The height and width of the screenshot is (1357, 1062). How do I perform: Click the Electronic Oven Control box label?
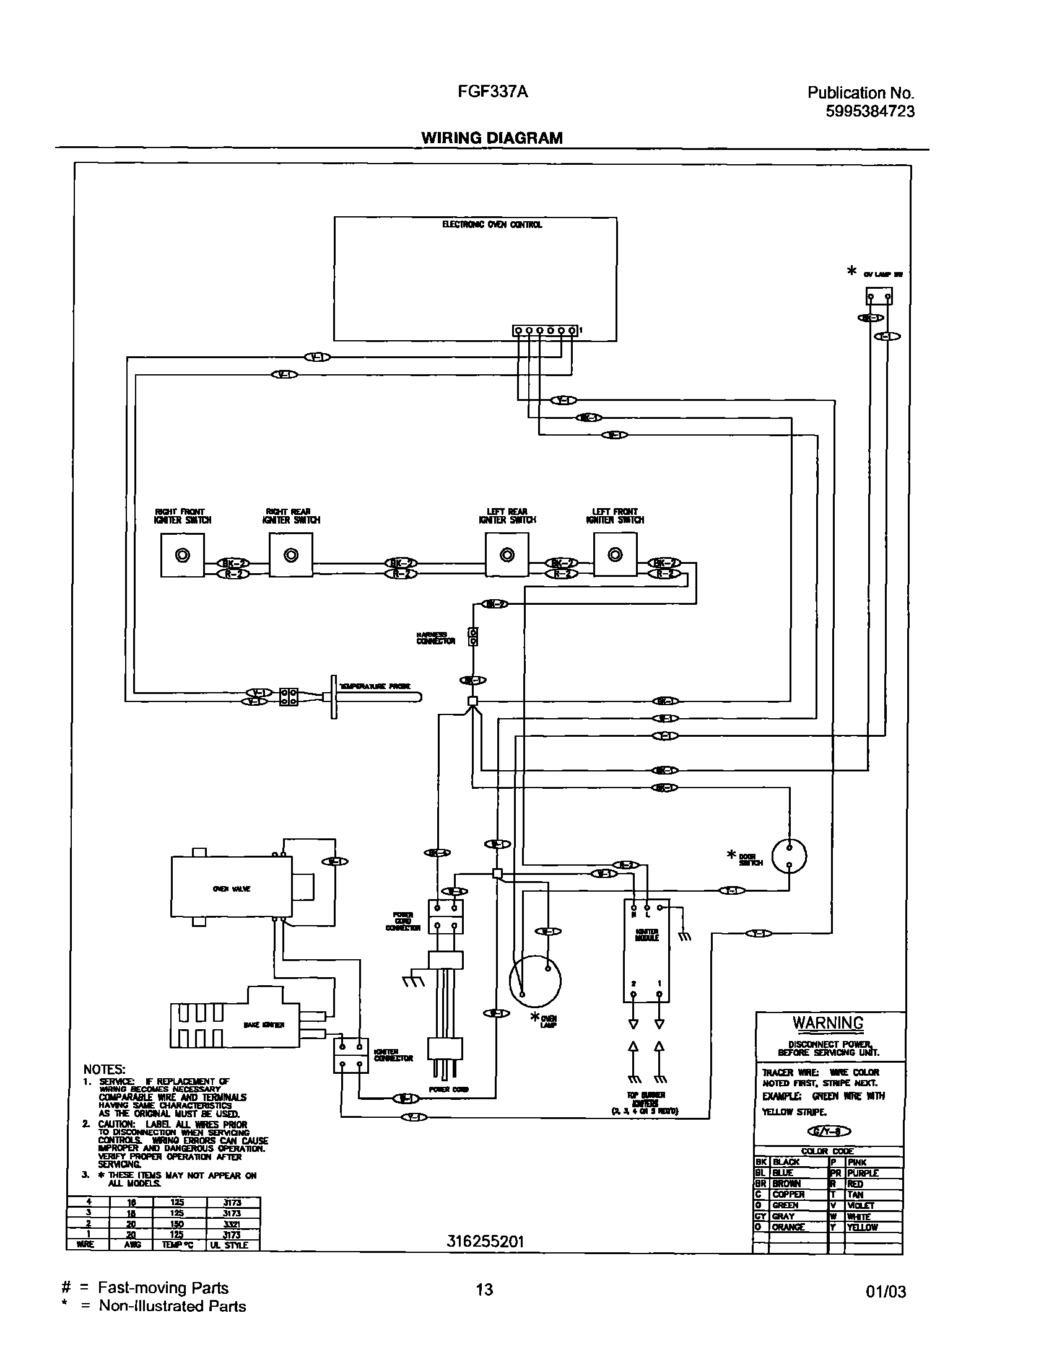point(492,224)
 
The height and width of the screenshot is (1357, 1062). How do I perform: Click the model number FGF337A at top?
point(492,92)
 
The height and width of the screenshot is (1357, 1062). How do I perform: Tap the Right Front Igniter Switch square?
point(182,555)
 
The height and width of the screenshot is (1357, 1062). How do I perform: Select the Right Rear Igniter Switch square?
point(290,555)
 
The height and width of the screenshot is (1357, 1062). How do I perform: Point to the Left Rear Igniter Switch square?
point(507,555)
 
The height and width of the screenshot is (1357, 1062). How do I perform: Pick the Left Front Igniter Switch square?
point(615,555)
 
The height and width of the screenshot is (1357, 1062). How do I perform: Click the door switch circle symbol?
point(789,857)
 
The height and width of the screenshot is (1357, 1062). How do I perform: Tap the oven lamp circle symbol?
point(535,981)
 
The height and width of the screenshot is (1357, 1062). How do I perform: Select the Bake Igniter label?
point(264,1024)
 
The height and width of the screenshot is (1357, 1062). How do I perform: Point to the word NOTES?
point(105,1069)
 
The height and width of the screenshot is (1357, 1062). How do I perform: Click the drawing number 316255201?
point(485,1241)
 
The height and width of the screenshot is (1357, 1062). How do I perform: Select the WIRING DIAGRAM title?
point(492,138)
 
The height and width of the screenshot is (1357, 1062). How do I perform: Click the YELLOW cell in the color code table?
point(863,1227)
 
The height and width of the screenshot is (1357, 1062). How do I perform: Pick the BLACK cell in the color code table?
point(786,1162)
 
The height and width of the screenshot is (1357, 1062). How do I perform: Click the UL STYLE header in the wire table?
point(230,1245)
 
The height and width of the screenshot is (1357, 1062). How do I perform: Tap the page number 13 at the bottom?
point(484,1289)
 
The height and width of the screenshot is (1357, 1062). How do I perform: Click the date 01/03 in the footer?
point(886,1292)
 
